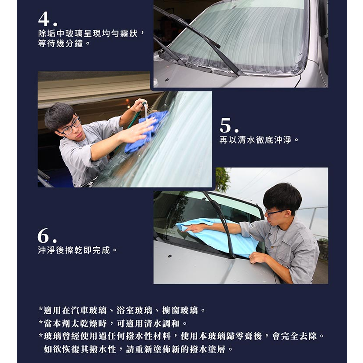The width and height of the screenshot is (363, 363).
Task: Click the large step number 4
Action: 44,19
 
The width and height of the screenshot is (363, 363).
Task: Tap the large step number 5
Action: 226,125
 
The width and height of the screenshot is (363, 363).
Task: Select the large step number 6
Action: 43,235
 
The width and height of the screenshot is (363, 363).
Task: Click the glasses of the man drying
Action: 275,212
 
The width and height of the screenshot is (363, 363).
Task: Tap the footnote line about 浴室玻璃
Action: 122,310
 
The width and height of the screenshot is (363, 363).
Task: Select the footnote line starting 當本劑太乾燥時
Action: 113,323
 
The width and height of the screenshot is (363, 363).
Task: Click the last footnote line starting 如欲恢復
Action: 138,349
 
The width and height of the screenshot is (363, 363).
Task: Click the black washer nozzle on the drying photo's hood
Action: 170,256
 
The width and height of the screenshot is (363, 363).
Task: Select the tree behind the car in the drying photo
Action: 222,180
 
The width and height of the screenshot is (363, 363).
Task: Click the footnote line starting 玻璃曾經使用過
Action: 182,336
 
